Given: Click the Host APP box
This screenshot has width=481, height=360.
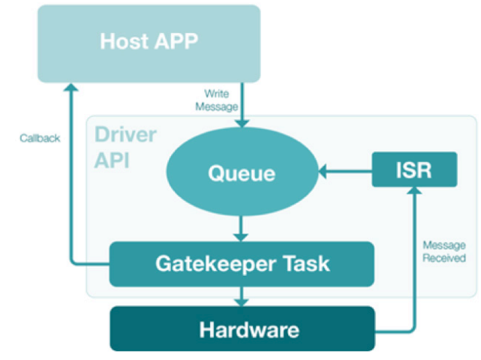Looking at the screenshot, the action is [x=149, y=43].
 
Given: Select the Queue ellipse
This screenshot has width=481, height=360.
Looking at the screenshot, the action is [x=242, y=172].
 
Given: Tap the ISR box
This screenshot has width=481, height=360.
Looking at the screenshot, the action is [x=414, y=169].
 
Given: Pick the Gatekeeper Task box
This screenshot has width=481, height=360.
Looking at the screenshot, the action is [x=242, y=264].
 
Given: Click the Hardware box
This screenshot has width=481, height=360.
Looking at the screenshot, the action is [x=242, y=328].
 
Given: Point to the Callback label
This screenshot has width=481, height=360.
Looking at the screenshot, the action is [x=40, y=138].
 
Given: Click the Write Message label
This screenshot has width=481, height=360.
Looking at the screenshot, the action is [x=217, y=100].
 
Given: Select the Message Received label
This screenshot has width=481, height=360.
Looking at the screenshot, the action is [x=444, y=251].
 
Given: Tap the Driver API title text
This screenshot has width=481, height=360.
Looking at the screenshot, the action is [x=125, y=147].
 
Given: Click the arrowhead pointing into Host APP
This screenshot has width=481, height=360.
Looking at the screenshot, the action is [x=71, y=88].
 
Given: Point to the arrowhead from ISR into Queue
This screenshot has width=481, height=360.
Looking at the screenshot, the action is [x=323, y=172].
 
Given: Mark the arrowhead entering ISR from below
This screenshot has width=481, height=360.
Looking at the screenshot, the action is [x=414, y=190].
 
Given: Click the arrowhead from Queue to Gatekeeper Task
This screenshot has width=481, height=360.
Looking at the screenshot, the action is [x=241, y=238].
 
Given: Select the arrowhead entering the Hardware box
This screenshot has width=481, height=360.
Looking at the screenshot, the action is [x=242, y=302].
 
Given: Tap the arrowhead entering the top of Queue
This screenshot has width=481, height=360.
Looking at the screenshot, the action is [x=242, y=123].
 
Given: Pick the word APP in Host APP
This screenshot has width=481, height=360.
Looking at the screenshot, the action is [x=176, y=41].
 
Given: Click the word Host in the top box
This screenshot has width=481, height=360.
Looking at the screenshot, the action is [x=125, y=41].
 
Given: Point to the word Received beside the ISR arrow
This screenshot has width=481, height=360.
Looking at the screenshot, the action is [x=444, y=258].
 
